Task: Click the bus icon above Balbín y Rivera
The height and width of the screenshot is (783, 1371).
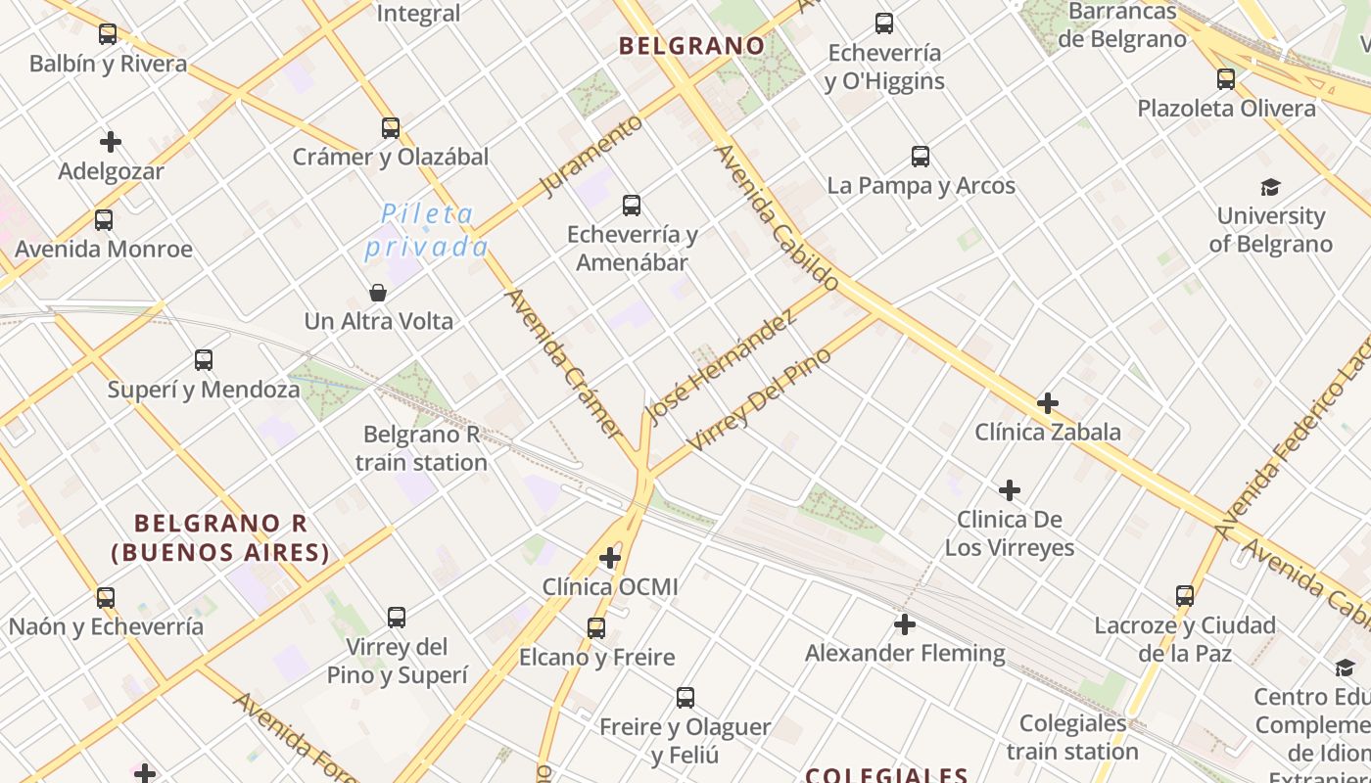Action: (x=108, y=34)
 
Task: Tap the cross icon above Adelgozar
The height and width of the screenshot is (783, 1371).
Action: (x=111, y=142)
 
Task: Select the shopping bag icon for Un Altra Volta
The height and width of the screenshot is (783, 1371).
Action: (x=378, y=293)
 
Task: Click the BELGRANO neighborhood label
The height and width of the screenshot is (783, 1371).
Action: (x=692, y=45)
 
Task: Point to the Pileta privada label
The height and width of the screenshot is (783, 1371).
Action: (x=426, y=230)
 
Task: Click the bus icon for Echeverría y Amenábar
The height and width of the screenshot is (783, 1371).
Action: (x=632, y=206)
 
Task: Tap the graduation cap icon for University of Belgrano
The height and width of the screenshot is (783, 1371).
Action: (x=1270, y=187)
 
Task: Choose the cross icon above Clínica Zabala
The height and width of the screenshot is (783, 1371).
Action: (x=1048, y=402)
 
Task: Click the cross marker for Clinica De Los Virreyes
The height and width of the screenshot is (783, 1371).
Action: (x=1010, y=489)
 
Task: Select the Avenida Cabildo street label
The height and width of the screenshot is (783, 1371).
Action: (x=777, y=218)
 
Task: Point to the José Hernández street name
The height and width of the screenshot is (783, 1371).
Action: (x=721, y=368)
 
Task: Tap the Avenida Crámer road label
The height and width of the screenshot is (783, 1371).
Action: (x=563, y=362)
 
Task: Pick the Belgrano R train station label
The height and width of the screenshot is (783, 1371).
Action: (x=421, y=448)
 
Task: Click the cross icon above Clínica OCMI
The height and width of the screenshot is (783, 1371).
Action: (x=610, y=558)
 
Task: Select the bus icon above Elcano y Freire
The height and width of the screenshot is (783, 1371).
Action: (x=596, y=627)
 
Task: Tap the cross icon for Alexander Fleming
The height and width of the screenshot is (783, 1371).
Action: (x=905, y=623)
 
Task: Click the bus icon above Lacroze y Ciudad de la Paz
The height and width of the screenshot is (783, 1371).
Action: (x=1185, y=595)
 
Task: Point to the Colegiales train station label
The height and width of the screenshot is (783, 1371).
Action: (x=1072, y=737)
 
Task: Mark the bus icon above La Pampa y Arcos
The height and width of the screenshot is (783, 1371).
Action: (x=921, y=156)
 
